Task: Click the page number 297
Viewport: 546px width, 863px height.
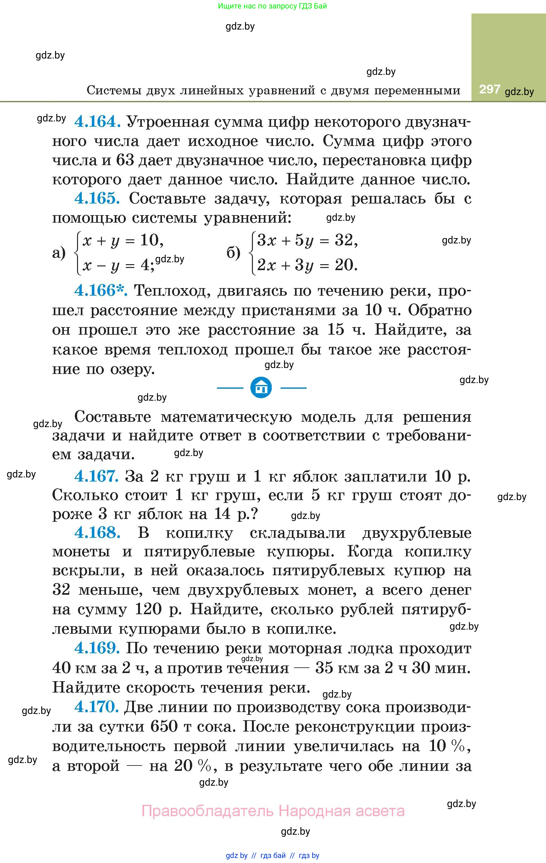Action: coord(489,89)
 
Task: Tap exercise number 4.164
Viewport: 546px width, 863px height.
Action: coord(97,121)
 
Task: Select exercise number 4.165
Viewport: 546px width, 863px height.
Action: coord(97,198)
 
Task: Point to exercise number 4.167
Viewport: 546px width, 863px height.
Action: coord(96,476)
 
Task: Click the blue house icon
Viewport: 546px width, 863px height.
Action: coord(261,387)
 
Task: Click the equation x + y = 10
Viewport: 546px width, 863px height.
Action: coord(123,240)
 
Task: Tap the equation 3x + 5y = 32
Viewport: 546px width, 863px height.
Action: coord(307,240)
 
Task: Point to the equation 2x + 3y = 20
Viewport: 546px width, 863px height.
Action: coord(307,265)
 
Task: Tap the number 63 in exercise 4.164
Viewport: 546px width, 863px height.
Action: coord(125,160)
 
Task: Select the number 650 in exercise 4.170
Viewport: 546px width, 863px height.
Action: coord(164,726)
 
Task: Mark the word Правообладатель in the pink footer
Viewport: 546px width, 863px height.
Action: coord(208,811)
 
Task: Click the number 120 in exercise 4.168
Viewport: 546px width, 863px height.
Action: coord(148,609)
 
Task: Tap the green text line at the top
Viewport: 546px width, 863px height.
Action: coord(272,6)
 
